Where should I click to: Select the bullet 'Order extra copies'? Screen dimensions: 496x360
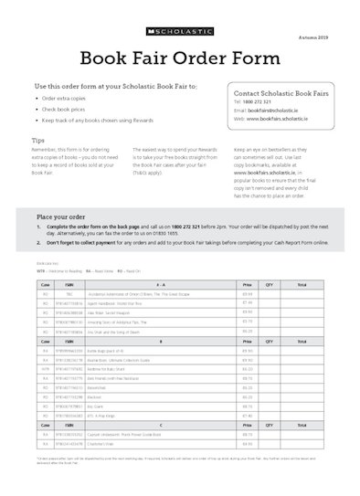coord(64,98)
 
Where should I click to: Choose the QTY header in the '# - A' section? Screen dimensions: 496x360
coord(269,285)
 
